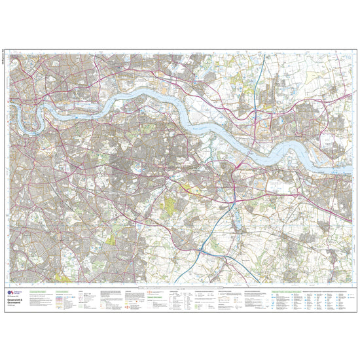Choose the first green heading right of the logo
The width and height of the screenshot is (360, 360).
pos(43,291)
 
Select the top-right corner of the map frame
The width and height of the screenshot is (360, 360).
pos(351,52)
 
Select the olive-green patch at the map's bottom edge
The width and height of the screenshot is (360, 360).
pos(65,278)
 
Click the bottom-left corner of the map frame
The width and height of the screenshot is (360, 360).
pos(9,283)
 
